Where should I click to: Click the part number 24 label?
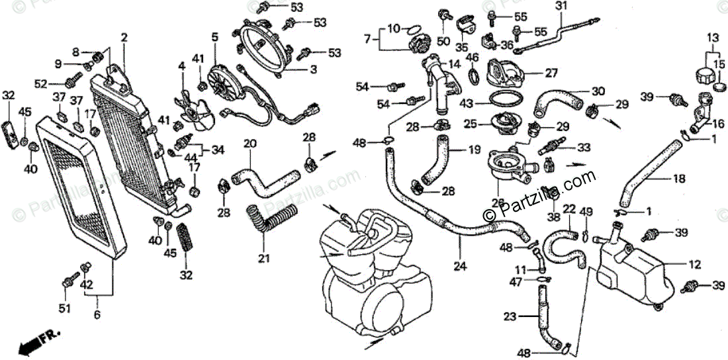click(460, 267)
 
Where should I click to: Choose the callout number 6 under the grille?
click(97, 316)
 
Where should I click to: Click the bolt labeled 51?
click(67, 283)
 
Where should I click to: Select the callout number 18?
click(679, 179)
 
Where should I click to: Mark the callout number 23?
click(509, 317)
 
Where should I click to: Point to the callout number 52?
click(41, 83)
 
